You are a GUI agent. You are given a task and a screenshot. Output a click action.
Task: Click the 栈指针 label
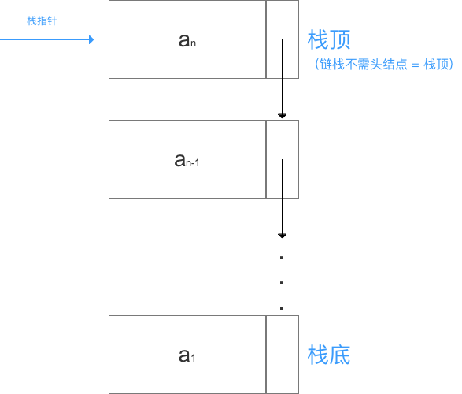41,21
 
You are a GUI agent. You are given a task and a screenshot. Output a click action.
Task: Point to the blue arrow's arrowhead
92,39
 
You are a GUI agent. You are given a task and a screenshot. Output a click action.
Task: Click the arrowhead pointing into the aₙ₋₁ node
282,116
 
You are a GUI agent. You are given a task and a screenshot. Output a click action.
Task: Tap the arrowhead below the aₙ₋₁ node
282,235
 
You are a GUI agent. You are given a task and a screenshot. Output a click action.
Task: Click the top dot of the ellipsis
282,258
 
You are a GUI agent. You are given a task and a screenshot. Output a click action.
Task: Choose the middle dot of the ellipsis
282,283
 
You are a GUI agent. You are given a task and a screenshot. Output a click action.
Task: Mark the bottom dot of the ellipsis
282,307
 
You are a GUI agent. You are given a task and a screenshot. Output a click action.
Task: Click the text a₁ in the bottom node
187,355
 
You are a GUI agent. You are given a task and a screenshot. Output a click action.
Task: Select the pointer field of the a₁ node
282,355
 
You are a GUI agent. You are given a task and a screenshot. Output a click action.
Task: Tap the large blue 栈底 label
328,355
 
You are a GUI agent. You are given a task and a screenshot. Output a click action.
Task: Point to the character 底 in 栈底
339,355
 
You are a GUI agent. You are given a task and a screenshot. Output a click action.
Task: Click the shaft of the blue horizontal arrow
47,39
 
